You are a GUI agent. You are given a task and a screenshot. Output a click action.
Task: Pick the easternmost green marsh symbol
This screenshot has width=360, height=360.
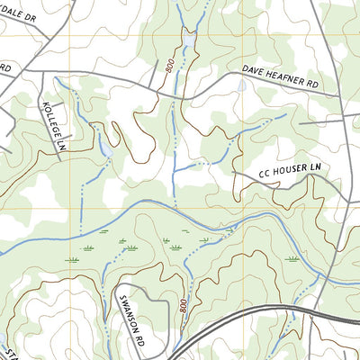click(292, 257)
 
